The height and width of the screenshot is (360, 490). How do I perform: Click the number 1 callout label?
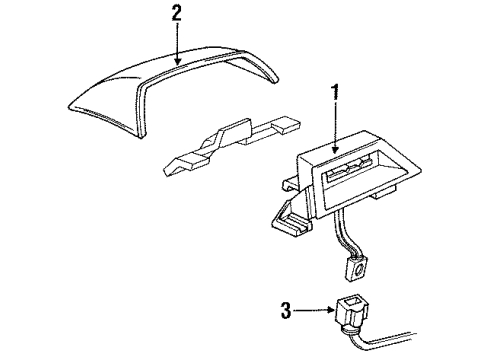tap(335, 94)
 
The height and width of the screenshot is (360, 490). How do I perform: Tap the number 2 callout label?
tap(177, 13)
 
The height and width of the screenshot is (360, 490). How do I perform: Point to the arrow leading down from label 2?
tap(177, 45)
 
